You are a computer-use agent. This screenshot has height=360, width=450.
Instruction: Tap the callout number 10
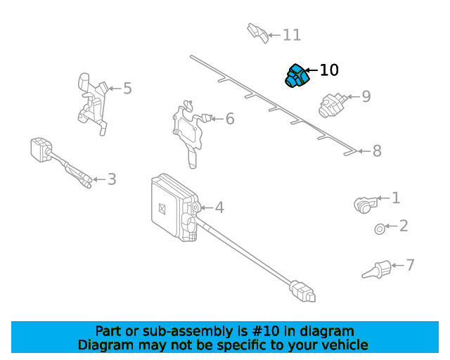329,70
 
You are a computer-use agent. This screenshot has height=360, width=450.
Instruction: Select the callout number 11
291,35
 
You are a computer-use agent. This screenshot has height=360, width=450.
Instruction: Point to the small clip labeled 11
257,32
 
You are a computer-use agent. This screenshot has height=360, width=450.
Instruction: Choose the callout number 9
366,96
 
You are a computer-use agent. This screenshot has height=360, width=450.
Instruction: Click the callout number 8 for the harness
377,150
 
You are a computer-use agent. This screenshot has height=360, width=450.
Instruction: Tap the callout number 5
127,89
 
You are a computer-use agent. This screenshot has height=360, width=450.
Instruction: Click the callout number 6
229,119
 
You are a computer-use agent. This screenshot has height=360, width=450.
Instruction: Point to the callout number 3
112,179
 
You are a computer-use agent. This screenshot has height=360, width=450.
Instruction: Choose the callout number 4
219,207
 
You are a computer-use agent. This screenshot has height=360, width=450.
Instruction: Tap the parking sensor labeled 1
364,204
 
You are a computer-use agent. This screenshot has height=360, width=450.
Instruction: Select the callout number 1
396,198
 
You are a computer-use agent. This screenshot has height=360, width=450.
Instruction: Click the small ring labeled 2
379,228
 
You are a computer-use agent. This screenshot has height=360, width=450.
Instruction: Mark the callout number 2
404,226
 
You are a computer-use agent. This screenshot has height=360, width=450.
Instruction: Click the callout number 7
410,265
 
